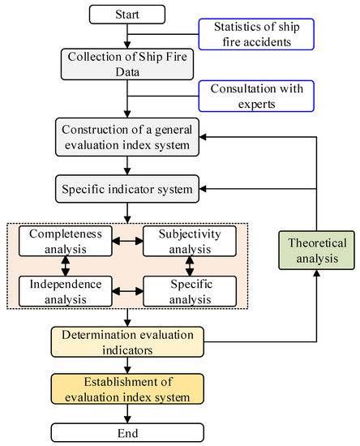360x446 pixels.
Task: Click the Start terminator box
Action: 127,14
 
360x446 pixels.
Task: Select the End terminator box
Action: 127,432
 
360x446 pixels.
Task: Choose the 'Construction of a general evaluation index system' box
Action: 127,138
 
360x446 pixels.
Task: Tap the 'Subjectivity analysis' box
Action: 190,241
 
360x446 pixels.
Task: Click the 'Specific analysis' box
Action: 190,291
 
